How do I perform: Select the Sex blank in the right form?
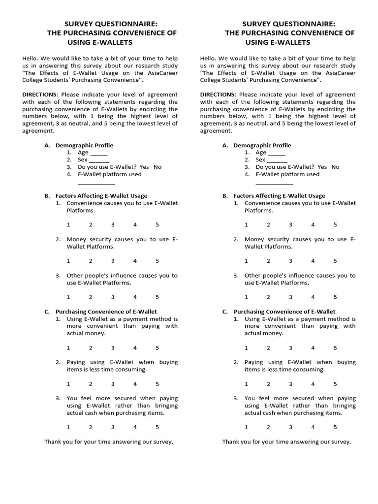pos(278,160)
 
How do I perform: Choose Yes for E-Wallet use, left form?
pos(145,167)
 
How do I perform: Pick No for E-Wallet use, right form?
pos(336,167)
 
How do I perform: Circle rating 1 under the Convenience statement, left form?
pos(68,224)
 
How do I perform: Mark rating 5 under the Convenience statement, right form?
pos(335,224)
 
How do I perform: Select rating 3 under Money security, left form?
pos(113,261)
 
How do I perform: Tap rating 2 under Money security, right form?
pos(269,261)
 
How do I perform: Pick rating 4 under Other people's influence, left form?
pos(135,297)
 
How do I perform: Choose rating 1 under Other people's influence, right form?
pos(247,297)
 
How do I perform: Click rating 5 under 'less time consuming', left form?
pos(157,383)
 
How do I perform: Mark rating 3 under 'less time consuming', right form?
pos(291,383)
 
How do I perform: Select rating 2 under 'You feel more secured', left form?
pos(91,427)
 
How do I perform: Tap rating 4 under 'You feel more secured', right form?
pos(313,427)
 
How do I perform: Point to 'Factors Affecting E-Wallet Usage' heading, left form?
pos(101,195)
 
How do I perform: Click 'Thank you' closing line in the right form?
pos(286,442)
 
